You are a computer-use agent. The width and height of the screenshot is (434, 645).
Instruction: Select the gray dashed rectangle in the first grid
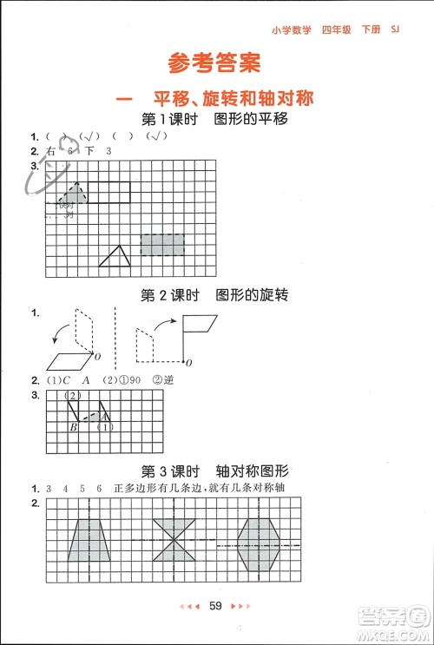(163, 245)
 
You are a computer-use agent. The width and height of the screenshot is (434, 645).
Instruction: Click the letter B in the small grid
(74, 428)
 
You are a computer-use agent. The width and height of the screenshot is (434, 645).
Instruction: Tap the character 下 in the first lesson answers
(88, 152)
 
